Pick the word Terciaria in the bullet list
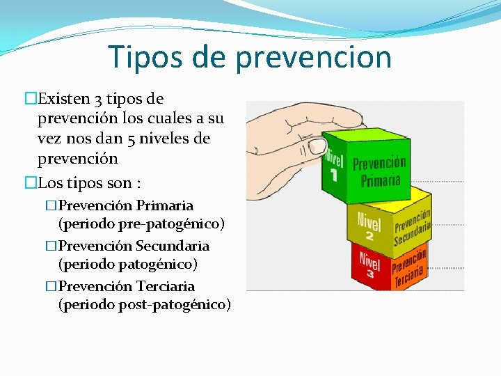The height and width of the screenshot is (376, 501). (165, 286)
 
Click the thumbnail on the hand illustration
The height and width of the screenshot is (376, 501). (317, 146)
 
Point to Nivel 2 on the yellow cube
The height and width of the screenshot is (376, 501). (369, 227)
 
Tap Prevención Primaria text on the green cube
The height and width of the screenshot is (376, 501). (379, 171)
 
